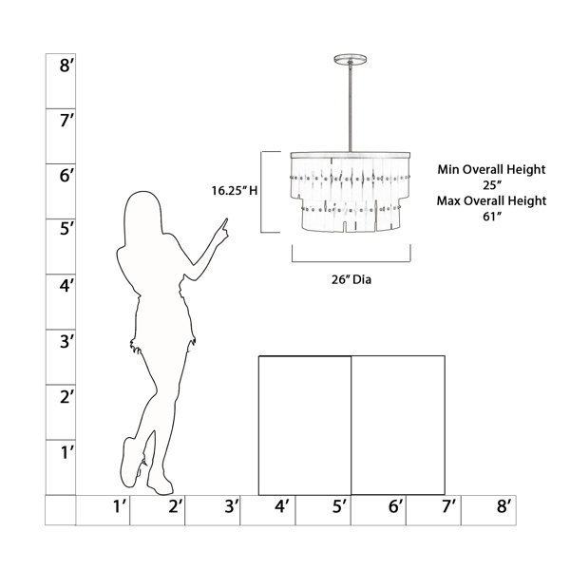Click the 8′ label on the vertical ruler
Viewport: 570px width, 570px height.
[x=66, y=66]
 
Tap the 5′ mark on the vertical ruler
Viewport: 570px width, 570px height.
[x=66, y=229]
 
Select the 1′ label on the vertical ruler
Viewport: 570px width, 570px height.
[x=66, y=452]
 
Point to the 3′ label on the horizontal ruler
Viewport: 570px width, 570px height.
[x=232, y=505]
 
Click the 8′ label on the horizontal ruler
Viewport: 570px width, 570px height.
[x=504, y=505]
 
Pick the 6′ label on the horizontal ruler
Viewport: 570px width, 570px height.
[x=395, y=505]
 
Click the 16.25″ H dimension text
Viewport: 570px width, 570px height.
[x=235, y=191]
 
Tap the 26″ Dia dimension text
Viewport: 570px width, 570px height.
[x=351, y=279]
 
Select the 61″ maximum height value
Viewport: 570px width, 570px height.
[x=491, y=217]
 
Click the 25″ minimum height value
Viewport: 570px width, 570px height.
[x=491, y=185]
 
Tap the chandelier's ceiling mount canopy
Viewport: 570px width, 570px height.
[x=350, y=59]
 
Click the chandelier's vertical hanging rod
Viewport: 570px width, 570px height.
[x=350, y=108]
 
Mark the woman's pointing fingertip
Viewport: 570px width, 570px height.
[x=226, y=218]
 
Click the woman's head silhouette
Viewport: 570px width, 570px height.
[x=142, y=215]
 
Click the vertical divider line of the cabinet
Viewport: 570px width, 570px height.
[x=351, y=426]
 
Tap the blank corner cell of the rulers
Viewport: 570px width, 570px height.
[x=61, y=510]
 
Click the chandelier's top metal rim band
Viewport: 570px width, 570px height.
[x=351, y=155]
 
